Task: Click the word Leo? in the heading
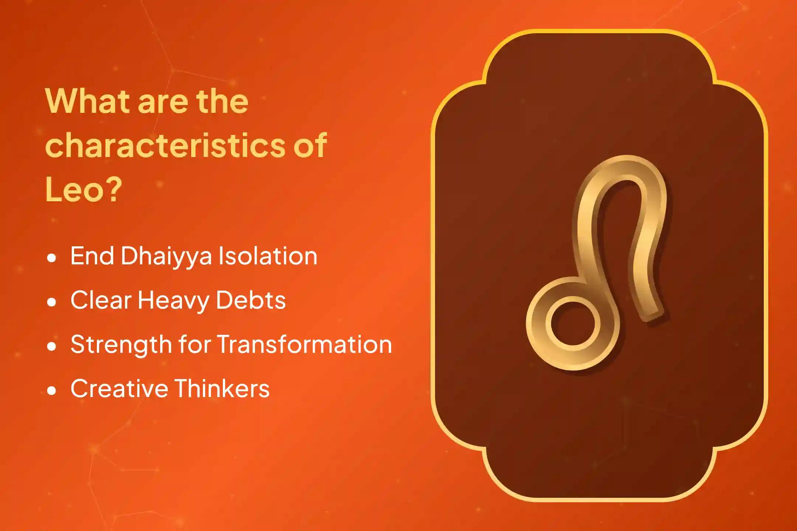tap(83, 189)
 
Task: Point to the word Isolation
tap(268, 256)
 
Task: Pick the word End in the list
tap(92, 256)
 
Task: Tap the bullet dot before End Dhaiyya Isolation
tap(52, 258)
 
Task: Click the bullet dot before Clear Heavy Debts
tap(52, 302)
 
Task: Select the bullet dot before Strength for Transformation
tap(52, 346)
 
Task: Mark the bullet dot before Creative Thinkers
tap(52, 391)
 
